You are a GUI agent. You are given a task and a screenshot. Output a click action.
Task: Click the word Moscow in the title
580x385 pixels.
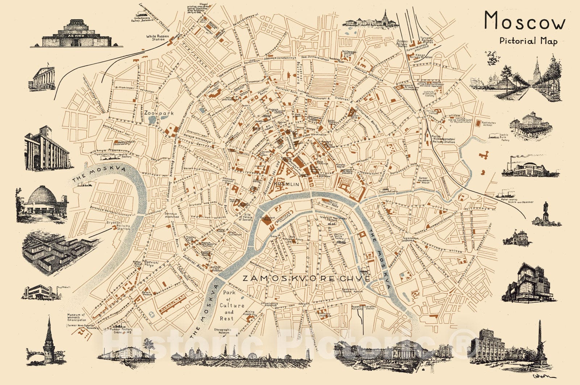point(525,21)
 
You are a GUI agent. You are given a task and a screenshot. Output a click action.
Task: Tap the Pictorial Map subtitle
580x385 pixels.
point(528,41)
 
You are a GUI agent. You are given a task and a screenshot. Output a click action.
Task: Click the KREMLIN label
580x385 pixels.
point(287,185)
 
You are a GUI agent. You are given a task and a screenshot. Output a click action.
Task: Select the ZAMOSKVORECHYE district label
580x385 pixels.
point(306,279)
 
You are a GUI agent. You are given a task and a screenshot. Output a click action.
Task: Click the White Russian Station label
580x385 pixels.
point(156,38)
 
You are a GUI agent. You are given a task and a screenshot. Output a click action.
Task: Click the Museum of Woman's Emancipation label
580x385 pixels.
point(77,318)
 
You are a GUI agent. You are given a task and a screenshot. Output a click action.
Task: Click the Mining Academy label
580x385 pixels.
point(249,313)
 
